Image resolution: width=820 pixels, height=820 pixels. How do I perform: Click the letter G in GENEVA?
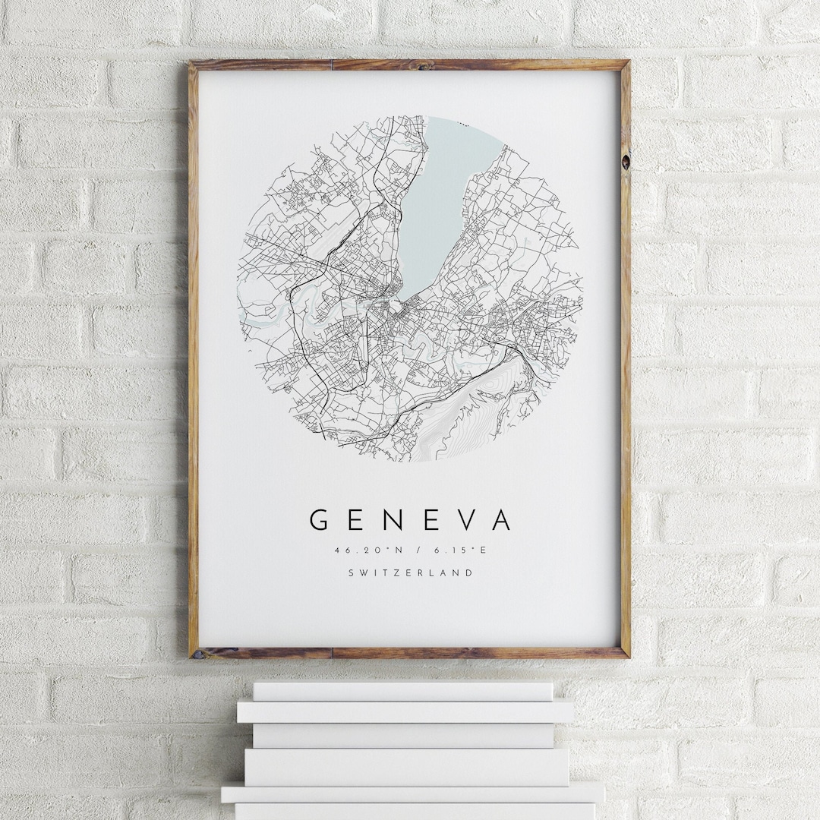319,520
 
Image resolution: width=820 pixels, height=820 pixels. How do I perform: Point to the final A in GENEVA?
501,520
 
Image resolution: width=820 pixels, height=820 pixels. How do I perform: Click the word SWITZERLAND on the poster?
410,573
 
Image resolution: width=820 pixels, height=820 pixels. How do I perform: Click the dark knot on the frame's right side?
625,161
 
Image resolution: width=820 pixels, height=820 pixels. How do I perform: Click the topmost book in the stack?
402,691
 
